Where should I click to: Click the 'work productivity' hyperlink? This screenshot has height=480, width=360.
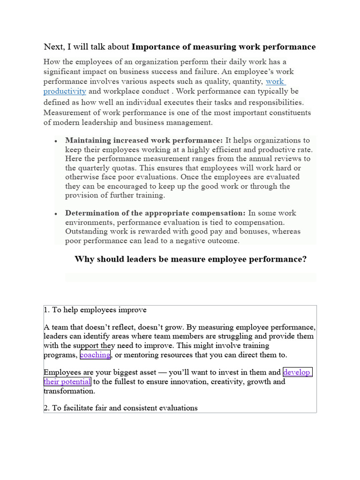[275, 82]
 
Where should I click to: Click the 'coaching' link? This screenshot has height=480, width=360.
[95, 355]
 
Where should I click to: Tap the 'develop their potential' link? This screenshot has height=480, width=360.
[297, 373]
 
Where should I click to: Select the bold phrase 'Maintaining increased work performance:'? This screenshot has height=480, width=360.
[144, 141]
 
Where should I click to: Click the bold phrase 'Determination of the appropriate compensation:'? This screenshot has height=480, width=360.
[155, 213]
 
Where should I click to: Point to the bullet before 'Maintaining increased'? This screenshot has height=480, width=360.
[56, 141]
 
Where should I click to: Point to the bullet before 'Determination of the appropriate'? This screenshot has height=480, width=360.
[56, 214]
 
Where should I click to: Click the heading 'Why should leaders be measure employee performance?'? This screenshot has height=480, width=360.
[190, 259]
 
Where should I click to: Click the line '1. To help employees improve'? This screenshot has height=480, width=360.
[95, 310]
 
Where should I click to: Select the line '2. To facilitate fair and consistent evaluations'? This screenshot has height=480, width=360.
[120, 408]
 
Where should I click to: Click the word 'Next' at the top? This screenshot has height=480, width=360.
[53, 47]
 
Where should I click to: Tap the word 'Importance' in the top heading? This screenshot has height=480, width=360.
[154, 47]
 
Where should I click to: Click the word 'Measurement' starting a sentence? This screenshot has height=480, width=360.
[67, 113]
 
